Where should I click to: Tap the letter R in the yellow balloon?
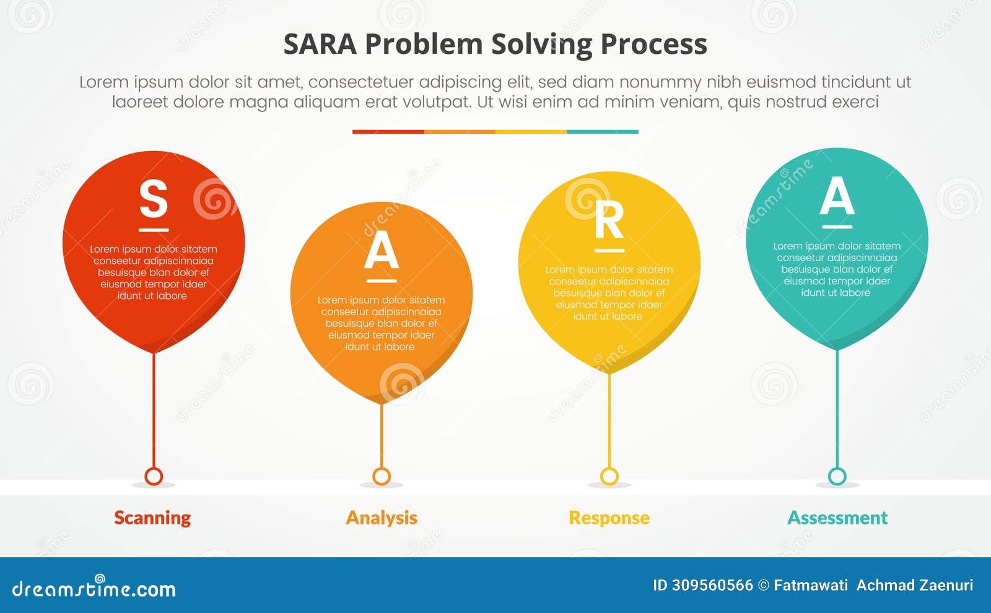click(609, 220)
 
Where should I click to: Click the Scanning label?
click(152, 518)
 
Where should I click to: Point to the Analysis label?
click(382, 518)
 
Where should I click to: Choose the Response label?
click(609, 518)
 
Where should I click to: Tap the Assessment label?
click(837, 518)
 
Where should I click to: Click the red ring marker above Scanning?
click(154, 476)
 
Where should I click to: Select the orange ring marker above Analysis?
click(382, 476)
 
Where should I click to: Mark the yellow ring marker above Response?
click(609, 476)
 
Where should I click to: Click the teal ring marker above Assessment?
click(837, 476)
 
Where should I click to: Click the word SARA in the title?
click(320, 45)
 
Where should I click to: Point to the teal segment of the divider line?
click(602, 132)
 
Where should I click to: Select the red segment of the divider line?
click(388, 132)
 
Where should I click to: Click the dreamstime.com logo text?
click(94, 588)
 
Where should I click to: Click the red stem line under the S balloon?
click(154, 409)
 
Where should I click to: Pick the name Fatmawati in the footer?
click(811, 585)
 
